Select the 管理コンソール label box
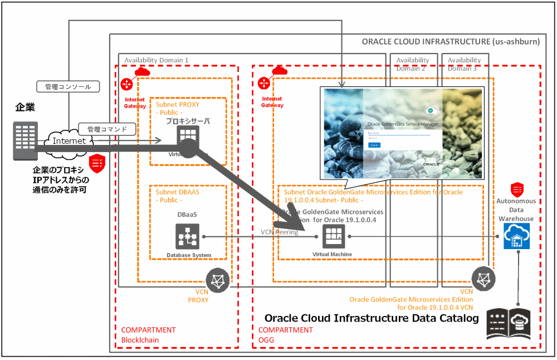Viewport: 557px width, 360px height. click(68, 87)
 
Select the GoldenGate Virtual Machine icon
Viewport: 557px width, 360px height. click(334, 237)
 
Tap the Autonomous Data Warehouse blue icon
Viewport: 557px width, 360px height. click(516, 237)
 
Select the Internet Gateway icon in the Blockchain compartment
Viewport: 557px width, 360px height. click(126, 84)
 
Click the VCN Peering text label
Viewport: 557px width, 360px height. click(279, 232)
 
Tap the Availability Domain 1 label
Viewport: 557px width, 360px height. click(157, 60)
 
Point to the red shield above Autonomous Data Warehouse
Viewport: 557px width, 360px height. click(516, 188)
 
